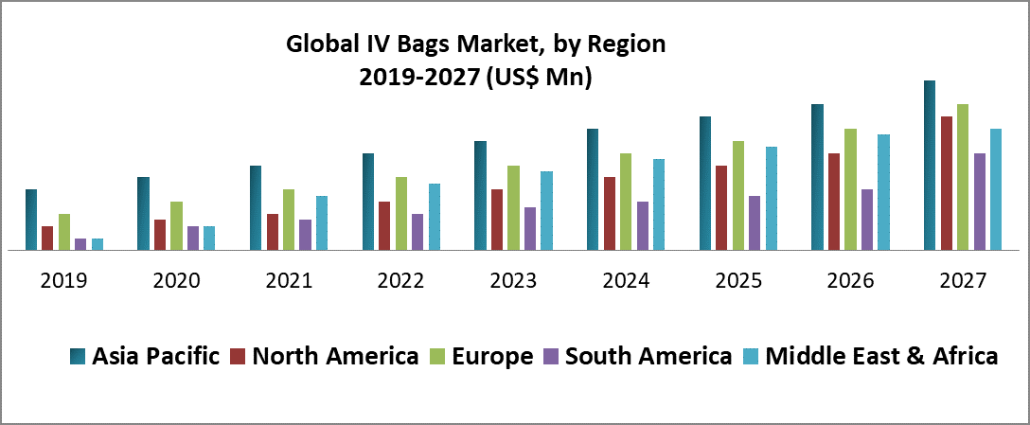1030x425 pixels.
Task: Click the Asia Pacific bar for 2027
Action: click(x=930, y=166)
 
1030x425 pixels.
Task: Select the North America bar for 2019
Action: click(x=47, y=239)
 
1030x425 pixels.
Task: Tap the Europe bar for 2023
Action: click(x=513, y=208)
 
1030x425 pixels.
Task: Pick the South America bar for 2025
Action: click(x=755, y=223)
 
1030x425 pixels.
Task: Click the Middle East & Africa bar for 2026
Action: click(x=883, y=192)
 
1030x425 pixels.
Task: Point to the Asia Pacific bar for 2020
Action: click(x=143, y=214)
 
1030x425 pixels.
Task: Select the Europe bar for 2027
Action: click(x=963, y=177)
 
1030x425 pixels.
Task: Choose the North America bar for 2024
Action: click(x=610, y=214)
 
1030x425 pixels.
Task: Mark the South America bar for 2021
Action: click(x=305, y=235)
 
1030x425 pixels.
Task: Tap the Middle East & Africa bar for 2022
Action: click(x=435, y=217)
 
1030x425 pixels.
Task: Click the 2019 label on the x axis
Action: click(x=63, y=281)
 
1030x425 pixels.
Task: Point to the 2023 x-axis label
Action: click(x=513, y=281)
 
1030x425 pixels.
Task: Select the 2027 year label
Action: click(x=963, y=281)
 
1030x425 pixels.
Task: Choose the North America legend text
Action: click(x=336, y=357)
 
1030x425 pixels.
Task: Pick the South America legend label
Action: click(x=648, y=357)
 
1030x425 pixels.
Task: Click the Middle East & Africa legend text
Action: click(x=881, y=357)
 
